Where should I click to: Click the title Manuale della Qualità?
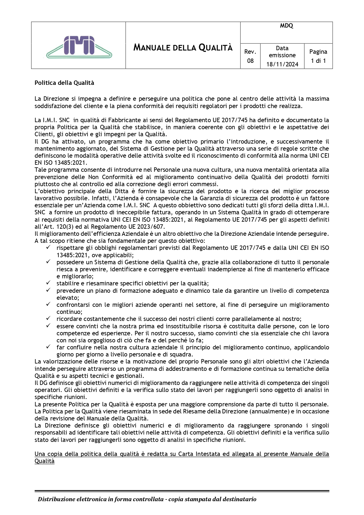point(183,47)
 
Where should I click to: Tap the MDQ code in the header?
point(286,26)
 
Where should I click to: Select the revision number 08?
point(250,61)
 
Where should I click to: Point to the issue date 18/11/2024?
point(282,64)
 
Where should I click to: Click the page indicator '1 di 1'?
point(318,61)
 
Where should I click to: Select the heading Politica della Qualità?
point(64,83)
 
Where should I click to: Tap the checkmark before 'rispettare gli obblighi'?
point(48,248)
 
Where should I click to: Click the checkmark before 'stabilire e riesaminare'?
point(48,283)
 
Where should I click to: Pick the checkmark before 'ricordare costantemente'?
point(48,319)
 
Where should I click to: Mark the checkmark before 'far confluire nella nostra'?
point(48,347)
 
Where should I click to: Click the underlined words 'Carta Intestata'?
point(199,454)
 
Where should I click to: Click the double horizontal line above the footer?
point(182,491)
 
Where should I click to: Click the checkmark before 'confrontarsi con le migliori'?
point(48,304)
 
